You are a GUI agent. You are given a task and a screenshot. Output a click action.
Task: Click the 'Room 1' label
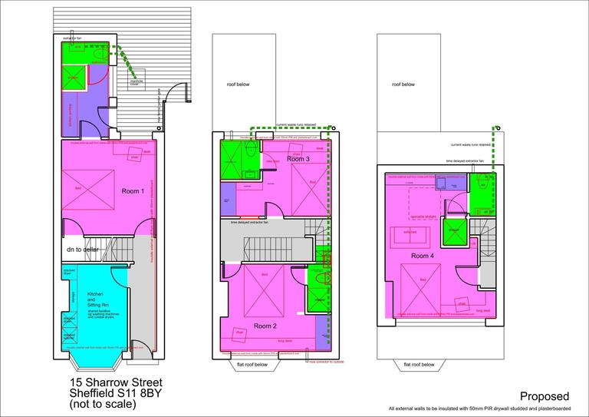(132, 191)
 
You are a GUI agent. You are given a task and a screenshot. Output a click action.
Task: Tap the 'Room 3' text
(299, 159)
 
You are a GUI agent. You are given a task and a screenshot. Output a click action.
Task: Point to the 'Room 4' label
(423, 256)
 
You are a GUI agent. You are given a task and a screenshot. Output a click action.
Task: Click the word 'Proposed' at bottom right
(545, 396)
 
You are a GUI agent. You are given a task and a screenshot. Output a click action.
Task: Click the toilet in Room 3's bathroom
(252, 150)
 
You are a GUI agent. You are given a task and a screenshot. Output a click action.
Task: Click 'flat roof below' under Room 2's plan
(252, 364)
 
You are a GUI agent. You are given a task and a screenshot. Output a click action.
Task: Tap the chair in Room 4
(462, 303)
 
